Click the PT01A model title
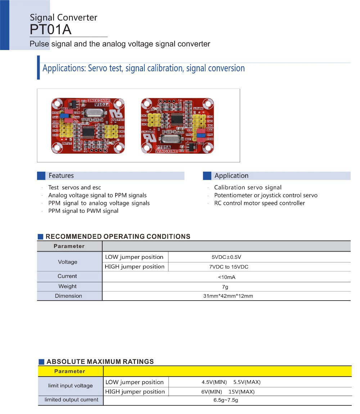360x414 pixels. click(x=51, y=30)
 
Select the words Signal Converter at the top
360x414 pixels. click(x=63, y=17)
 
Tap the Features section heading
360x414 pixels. click(x=61, y=176)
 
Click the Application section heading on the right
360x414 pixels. click(x=231, y=176)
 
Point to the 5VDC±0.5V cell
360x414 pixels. click(x=226, y=257)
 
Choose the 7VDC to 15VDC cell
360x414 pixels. click(x=229, y=267)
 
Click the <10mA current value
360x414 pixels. click(x=226, y=277)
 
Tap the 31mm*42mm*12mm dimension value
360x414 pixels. click(x=228, y=296)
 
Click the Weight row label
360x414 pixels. click(x=68, y=287)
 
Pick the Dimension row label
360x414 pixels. click(x=68, y=296)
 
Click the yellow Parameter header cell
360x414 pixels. click(x=70, y=371)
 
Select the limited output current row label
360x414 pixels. click(x=71, y=400)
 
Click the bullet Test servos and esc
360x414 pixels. click(x=75, y=188)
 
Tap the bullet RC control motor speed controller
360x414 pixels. click(x=259, y=203)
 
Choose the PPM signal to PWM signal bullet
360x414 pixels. click(x=83, y=211)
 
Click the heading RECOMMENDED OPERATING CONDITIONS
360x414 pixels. click(x=118, y=237)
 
